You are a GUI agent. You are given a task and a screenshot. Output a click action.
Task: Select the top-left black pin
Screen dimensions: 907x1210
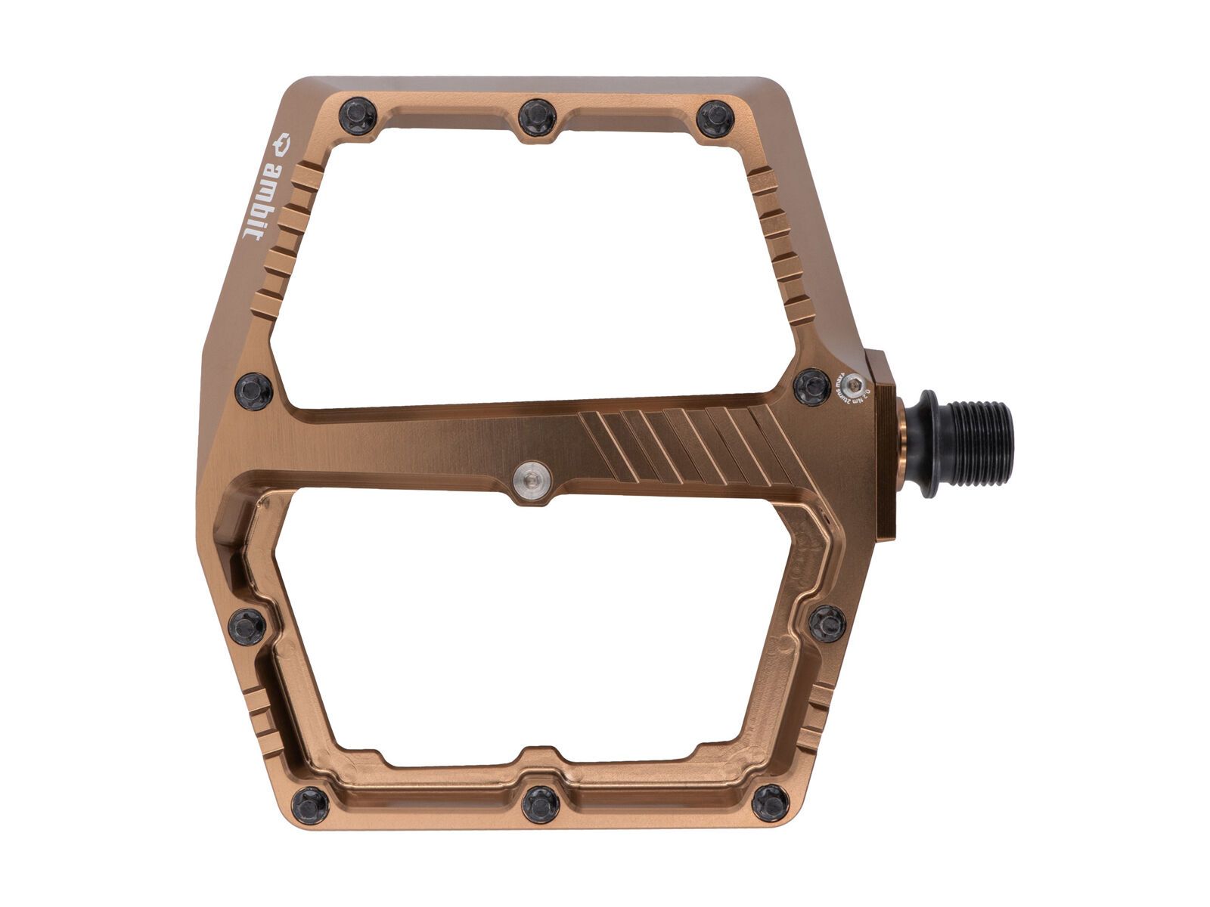coord(358,116)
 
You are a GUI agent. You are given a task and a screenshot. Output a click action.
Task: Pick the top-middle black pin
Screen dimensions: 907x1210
coord(538,116)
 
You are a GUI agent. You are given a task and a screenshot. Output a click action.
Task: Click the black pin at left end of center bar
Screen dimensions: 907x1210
coord(254,391)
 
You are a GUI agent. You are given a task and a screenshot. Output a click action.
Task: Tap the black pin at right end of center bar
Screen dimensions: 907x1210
coord(814,386)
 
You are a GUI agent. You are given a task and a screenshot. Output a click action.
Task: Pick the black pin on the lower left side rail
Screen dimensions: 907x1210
coord(247,626)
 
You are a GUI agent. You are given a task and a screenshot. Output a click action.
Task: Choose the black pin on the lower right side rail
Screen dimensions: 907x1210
coord(827,624)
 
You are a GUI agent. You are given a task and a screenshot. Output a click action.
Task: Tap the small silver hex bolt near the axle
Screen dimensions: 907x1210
coord(857,384)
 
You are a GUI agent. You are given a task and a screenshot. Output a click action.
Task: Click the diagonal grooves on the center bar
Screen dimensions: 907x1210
coord(681,446)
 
